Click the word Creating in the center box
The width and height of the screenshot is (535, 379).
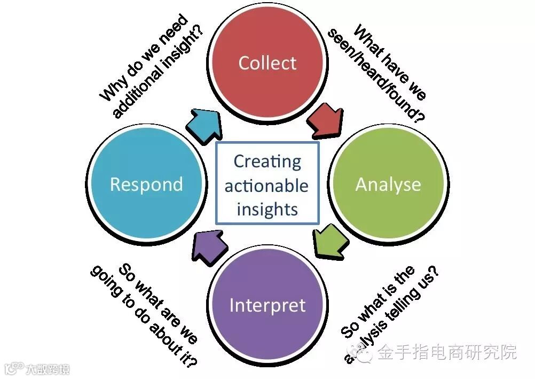267,161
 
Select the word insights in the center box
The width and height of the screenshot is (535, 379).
267,209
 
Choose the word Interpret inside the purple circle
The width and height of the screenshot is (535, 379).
267,306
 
